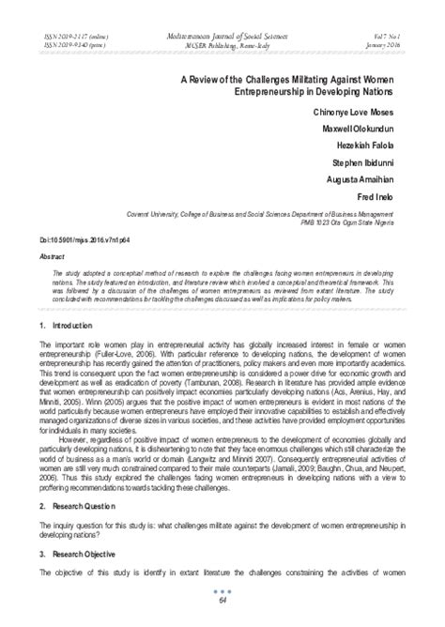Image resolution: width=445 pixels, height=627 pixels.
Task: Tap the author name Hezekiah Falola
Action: pyautogui.click(x=377, y=145)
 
